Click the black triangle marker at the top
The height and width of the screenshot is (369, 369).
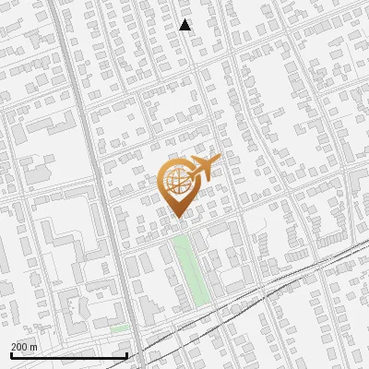tap(185, 25)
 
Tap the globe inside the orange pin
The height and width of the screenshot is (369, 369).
tap(177, 183)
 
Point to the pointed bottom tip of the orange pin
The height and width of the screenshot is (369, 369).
tap(177, 218)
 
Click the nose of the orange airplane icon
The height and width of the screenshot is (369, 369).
tap(218, 161)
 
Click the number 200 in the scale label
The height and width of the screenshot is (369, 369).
tap(20, 347)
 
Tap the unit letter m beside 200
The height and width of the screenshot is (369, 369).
tap(34, 347)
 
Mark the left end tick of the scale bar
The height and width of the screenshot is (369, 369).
tap(10, 355)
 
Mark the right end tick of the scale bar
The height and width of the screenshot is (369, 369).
tap(126, 355)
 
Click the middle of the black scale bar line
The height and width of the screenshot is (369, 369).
tap(68, 356)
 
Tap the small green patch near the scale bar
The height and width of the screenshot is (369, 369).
tap(119, 328)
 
